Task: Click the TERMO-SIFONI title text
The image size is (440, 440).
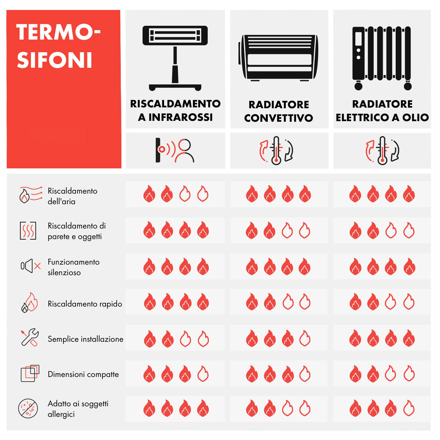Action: point(58,46)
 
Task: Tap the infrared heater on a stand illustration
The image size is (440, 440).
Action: point(175,58)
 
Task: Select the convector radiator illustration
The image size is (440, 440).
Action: point(278,57)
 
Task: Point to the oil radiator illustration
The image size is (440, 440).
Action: point(382,58)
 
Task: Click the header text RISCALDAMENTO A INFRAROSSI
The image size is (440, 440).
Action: point(175,110)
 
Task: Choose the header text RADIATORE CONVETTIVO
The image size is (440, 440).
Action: point(279,111)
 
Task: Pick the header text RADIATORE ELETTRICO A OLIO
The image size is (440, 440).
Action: point(382,111)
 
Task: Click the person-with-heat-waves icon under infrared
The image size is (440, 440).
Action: point(175,150)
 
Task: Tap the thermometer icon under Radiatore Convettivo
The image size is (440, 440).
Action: point(276,150)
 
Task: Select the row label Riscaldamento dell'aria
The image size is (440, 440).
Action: point(72,196)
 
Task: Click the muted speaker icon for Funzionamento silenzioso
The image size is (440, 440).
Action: point(31,266)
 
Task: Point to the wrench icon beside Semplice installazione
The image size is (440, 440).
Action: point(30,337)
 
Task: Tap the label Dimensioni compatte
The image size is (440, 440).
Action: point(83,374)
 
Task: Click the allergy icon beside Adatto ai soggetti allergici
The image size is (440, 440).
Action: point(28,408)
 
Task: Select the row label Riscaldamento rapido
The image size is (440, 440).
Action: point(85,304)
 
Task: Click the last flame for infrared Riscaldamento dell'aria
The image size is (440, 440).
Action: point(203,194)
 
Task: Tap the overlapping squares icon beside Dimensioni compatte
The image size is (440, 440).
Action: point(30,373)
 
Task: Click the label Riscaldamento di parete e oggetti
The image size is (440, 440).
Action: point(77,231)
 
